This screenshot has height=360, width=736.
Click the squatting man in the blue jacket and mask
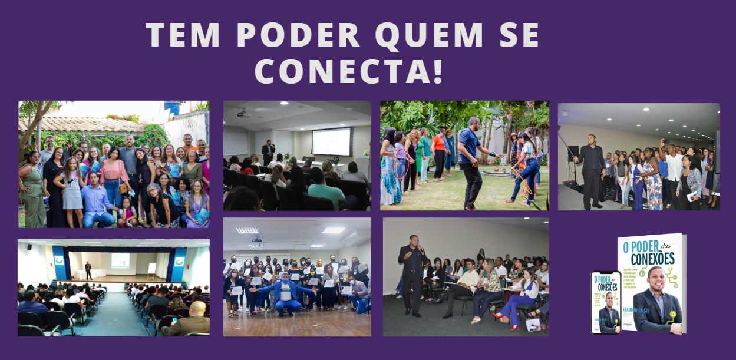click(x=285, y=292)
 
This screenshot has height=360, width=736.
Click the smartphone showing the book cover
click(x=606, y=302)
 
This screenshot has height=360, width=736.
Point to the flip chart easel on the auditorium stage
click(x=151, y=269)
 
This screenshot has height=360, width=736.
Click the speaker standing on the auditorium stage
click(x=88, y=270)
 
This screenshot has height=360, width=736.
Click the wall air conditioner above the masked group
click(x=354, y=238)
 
